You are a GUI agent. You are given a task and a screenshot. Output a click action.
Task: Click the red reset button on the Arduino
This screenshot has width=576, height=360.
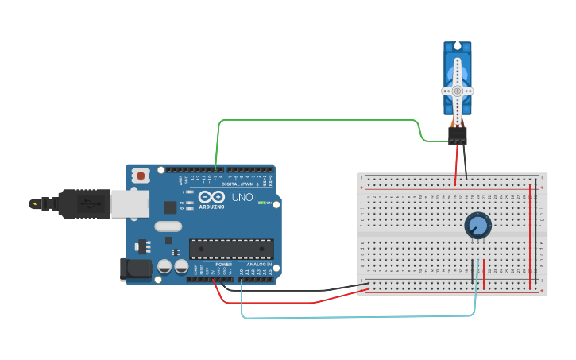click(x=141, y=176)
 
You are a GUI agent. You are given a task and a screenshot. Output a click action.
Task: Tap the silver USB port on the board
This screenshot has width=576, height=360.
click(x=129, y=203)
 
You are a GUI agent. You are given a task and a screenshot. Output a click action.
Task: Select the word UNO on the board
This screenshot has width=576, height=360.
click(x=242, y=196)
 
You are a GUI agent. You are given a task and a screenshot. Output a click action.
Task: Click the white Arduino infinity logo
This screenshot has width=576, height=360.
click(x=211, y=196)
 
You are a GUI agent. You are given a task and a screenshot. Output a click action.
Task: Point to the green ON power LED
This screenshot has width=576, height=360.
click(x=261, y=203)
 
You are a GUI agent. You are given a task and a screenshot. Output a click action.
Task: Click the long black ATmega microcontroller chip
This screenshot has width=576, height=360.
click(x=230, y=249)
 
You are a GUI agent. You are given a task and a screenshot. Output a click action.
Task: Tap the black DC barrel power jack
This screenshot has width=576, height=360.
click(x=134, y=269)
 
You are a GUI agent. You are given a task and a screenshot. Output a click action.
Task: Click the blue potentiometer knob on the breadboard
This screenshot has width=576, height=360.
click(x=477, y=226)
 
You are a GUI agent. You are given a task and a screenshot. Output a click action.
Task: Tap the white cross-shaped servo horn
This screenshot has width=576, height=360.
click(x=457, y=91)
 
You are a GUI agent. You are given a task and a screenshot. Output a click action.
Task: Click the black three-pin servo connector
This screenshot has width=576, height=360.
click(x=457, y=136)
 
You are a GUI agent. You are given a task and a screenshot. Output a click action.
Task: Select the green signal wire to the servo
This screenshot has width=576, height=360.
click(x=318, y=121)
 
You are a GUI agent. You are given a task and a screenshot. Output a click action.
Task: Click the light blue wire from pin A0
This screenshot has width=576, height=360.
click(x=358, y=316)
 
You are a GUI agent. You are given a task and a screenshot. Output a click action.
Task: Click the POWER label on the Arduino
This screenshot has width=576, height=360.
click(x=223, y=264)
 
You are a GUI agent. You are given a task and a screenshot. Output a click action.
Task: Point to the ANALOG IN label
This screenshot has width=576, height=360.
click(x=258, y=264)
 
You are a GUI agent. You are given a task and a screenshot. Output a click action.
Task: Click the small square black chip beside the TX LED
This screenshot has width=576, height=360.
click(x=170, y=207)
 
